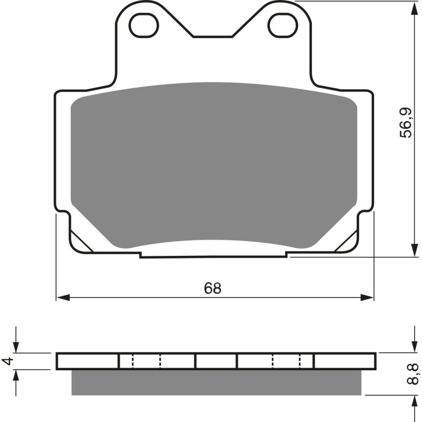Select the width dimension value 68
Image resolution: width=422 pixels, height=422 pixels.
point(213,288)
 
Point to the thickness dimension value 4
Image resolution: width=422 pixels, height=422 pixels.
point(7,361)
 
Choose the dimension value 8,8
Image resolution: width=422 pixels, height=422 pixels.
point(415,374)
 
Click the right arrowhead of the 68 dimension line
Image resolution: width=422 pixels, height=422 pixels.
point(368,298)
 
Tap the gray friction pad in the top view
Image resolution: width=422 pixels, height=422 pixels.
point(214,164)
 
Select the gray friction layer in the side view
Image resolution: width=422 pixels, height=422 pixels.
point(216,382)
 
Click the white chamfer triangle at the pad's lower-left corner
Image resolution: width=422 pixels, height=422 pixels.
point(80,241)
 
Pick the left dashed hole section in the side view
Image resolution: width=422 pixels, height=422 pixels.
point(146,361)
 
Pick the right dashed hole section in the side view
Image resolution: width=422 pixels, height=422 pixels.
point(286,361)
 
